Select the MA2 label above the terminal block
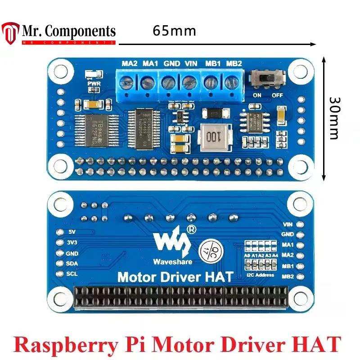click(130, 63)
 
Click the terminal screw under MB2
click(231, 83)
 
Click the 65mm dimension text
click(174, 31)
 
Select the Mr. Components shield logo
click(10, 33)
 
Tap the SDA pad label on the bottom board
click(72, 263)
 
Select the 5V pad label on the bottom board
click(70, 233)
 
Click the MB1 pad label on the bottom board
click(288, 265)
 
